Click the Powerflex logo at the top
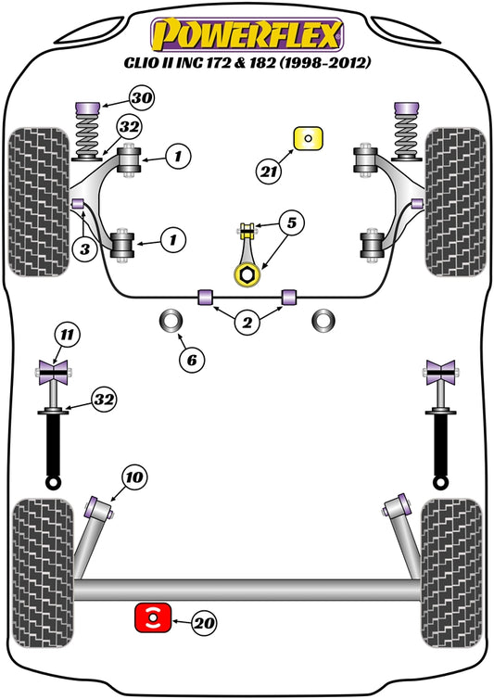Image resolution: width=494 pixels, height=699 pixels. (247, 34)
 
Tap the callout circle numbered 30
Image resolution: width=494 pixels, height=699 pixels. (141, 98)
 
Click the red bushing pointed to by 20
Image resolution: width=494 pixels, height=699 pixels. (151, 616)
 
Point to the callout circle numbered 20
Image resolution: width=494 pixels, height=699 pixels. (204, 625)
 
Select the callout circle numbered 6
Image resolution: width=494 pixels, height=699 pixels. (191, 358)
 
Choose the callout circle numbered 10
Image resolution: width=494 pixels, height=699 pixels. (134, 477)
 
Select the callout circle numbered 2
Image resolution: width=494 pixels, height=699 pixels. (247, 323)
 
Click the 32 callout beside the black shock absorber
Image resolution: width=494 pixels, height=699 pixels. (104, 400)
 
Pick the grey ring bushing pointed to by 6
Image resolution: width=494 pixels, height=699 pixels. (173, 321)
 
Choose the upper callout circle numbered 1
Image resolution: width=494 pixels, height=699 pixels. (177, 158)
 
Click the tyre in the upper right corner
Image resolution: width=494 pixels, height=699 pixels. (455, 200)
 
